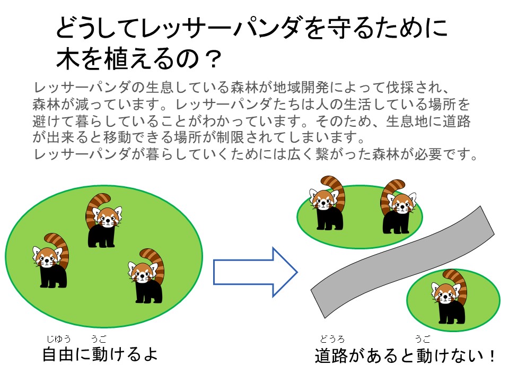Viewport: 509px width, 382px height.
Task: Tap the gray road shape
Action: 402,262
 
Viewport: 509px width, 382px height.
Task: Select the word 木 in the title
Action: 68,59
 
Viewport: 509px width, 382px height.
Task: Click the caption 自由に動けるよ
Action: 100,354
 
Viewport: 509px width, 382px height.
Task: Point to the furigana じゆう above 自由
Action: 58,339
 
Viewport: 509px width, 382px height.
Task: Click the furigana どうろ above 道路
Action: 332,339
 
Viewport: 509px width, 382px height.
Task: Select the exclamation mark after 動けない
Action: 492,356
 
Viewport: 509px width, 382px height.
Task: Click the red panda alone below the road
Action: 449,296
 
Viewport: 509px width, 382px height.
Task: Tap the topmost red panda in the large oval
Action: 103,220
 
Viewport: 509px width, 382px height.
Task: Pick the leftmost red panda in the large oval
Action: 50,260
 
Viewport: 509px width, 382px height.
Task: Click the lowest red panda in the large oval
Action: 146,276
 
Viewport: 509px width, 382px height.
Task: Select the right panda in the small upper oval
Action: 398,206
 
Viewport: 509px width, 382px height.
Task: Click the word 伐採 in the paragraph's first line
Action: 400,87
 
